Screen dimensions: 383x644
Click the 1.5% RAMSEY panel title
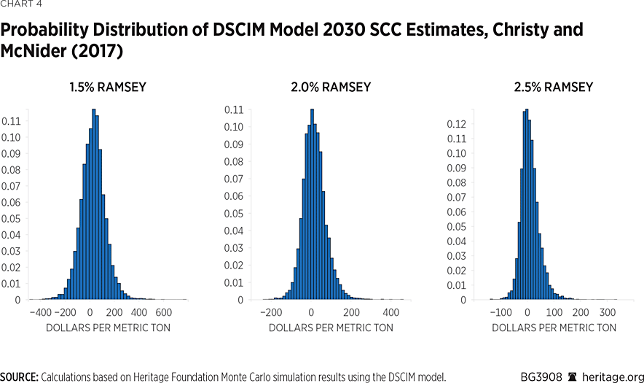[x=107, y=88]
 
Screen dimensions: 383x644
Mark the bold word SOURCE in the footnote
[x=19, y=376]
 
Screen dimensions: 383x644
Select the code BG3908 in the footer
[x=541, y=376]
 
